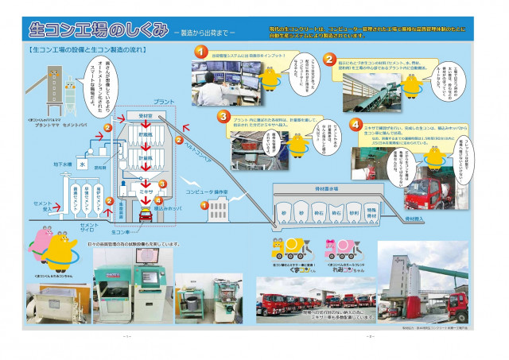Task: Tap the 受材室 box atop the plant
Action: click(x=145, y=115)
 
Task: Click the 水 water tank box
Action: click(x=83, y=164)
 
